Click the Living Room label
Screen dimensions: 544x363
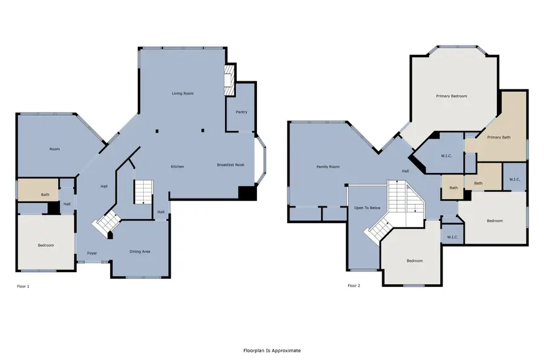183,93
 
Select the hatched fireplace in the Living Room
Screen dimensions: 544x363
229,80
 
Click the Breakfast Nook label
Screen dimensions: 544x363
231,165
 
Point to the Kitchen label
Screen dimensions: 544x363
177,167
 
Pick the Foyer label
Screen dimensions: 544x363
92,253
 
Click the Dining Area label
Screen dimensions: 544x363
140,252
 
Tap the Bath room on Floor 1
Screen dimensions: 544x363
38,189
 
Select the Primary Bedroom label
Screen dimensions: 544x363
452,96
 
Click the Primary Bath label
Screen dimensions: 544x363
499,137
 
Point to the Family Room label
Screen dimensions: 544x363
328,167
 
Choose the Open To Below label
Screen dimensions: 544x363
368,208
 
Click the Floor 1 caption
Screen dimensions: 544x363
23,286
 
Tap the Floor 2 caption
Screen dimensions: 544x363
354,286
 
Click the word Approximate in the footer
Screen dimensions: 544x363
287,350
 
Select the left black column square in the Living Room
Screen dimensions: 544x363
157,131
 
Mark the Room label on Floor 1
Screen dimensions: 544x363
54,149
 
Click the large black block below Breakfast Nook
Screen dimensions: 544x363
247,193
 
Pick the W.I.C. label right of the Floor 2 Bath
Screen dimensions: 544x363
514,180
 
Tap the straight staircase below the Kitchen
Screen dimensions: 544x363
144,192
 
